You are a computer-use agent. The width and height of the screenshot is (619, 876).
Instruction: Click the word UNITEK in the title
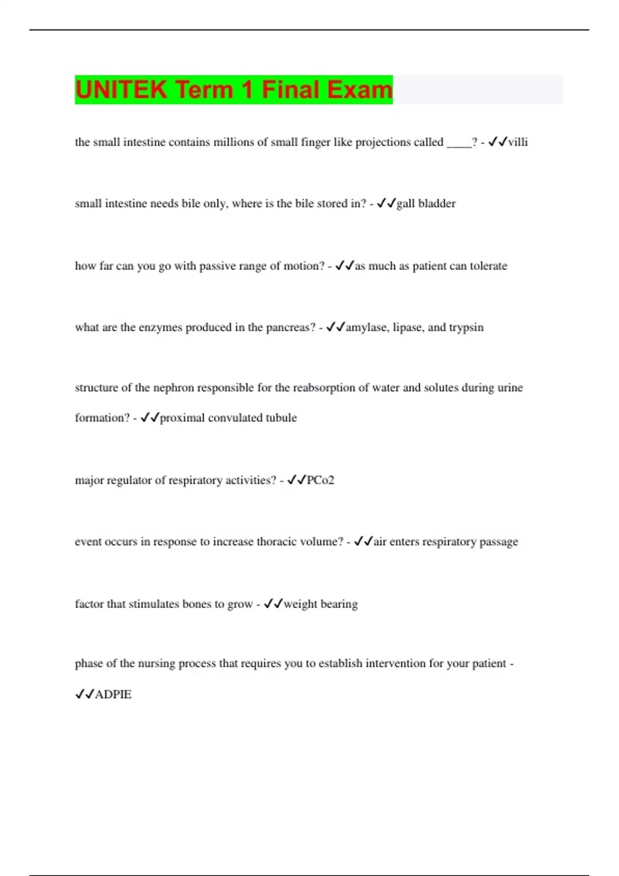121,90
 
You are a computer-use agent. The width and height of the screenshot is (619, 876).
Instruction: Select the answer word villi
518,142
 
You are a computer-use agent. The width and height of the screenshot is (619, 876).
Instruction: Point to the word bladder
437,204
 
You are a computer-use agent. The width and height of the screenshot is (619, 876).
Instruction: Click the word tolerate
488,266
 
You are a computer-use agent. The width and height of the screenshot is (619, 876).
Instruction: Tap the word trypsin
466,328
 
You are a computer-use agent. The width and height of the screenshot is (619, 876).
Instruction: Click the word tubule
281,418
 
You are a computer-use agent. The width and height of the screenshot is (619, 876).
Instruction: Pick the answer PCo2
320,480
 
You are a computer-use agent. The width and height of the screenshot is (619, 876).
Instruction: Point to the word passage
499,542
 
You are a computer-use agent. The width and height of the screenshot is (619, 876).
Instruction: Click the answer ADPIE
113,695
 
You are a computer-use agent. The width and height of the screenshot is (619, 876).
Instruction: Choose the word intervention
396,664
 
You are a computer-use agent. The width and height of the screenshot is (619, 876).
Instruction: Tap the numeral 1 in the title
247,90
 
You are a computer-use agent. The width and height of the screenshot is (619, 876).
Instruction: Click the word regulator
129,480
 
